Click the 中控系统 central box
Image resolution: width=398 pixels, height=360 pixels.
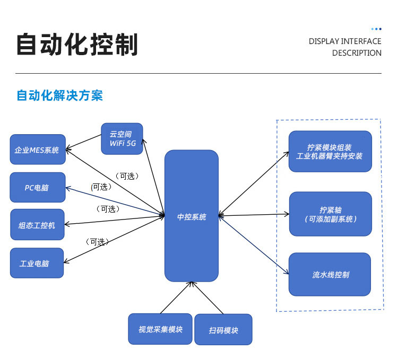(192, 216)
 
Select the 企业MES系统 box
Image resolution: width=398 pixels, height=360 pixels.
(38, 150)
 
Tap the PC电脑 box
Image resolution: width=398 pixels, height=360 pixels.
(38, 187)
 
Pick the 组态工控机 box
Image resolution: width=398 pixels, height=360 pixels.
(37, 224)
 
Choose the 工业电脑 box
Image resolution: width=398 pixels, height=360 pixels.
(37, 263)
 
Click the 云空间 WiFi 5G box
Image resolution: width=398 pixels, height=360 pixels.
(122, 139)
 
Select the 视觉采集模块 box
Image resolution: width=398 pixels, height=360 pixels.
(160, 329)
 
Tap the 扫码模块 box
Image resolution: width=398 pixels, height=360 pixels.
(223, 329)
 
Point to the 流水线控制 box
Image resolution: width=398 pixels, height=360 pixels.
(330, 274)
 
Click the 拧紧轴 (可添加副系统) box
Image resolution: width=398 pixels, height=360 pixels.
(331, 214)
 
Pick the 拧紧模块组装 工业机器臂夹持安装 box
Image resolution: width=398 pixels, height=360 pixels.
(330, 151)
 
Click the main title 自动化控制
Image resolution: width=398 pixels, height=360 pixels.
(77, 45)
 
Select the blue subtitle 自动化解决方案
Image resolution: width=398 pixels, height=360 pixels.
(60, 95)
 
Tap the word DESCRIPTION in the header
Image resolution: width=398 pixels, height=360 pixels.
(357, 52)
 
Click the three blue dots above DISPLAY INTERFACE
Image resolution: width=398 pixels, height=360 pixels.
(376, 29)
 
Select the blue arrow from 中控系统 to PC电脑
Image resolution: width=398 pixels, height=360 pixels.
(115, 201)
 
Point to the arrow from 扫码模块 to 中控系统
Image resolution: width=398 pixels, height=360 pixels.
(207, 297)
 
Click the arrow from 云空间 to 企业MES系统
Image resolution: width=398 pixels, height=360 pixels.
(83, 142)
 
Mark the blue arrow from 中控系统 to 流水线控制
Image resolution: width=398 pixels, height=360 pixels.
(253, 244)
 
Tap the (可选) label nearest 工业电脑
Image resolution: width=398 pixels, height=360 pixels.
(97, 242)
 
